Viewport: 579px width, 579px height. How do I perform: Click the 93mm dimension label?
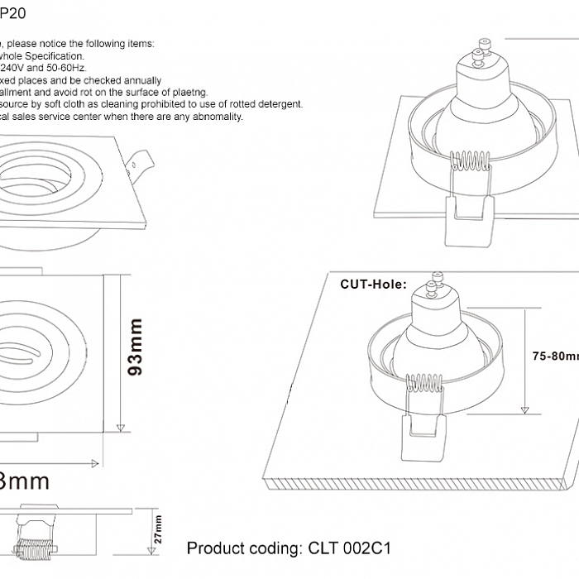click(x=136, y=347)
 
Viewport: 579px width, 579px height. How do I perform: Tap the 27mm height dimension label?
click(x=158, y=529)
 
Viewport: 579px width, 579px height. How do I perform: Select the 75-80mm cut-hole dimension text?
click(x=554, y=356)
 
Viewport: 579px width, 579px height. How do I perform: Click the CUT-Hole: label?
click(x=373, y=284)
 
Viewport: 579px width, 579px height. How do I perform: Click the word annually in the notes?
click(x=137, y=80)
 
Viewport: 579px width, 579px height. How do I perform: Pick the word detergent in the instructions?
click(x=278, y=104)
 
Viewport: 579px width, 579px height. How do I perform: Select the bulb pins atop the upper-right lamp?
click(x=477, y=55)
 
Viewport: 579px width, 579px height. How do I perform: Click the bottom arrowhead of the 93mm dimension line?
click(x=121, y=426)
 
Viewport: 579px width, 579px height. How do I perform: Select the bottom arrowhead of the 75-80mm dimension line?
click(x=524, y=409)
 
